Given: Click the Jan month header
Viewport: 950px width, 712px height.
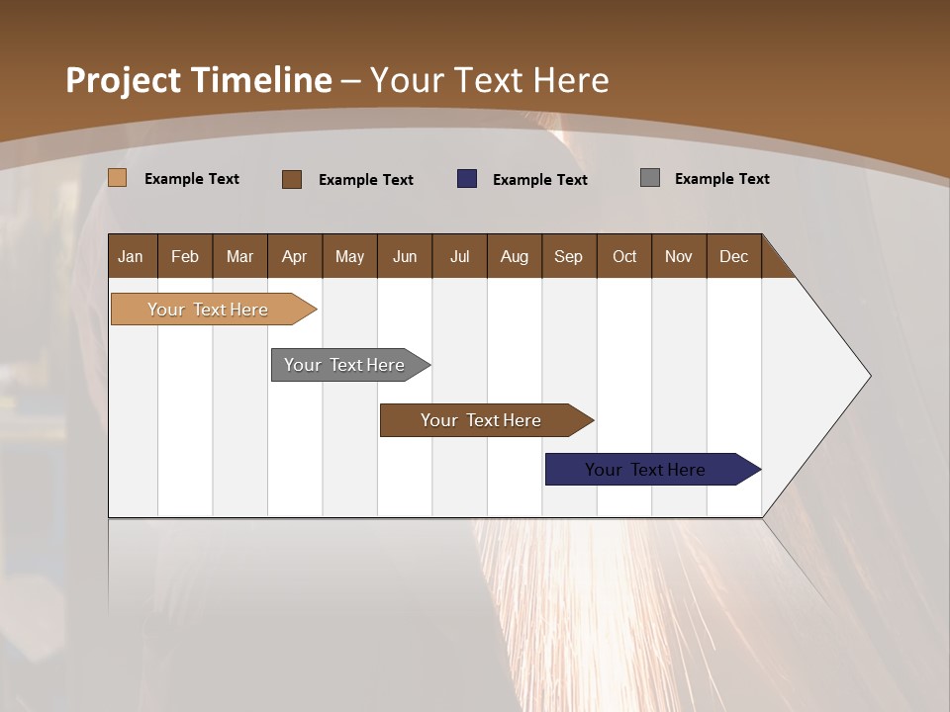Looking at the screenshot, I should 132,256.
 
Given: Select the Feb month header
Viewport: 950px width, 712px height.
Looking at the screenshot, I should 185,256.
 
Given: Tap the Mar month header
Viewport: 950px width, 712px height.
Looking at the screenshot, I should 239,256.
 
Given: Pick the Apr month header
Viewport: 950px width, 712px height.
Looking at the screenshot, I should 295,256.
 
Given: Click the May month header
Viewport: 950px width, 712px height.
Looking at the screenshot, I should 349,256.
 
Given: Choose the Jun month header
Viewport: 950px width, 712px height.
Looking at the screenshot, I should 405,256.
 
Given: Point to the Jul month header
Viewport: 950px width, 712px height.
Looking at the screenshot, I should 459,256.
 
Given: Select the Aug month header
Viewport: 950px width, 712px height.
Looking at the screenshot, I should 515,256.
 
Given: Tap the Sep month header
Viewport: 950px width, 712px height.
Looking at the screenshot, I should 569,256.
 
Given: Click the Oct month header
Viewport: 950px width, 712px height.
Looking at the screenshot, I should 624,256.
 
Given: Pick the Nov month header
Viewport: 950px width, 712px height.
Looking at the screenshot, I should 679,256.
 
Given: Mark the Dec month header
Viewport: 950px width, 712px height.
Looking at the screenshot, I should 734,256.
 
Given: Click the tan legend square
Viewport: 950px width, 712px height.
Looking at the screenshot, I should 118,178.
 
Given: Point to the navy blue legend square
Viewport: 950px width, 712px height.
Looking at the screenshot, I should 467,178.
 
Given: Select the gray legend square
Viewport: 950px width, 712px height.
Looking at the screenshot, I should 650,178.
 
